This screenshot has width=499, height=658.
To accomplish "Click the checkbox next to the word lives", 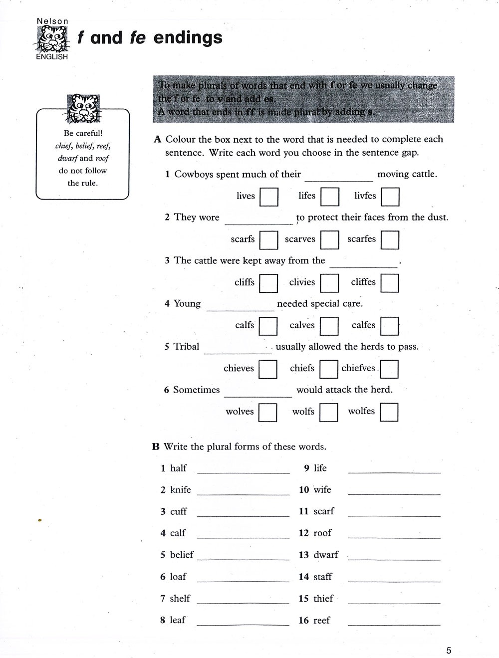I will click(269, 197).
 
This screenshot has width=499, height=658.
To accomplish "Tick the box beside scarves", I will click(330, 239).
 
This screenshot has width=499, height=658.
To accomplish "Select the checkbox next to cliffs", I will click(268, 283).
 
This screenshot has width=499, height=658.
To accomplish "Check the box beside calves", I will click(329, 326).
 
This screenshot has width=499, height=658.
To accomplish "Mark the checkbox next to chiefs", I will click(329, 369).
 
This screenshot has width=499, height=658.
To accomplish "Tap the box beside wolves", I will click(268, 412).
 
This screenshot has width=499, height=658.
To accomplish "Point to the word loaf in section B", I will click(178, 577).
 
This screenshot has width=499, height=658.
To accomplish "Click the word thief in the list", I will click(323, 598).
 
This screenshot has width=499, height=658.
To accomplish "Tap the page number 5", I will click(449, 650).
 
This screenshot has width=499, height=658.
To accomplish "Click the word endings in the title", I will click(188, 38).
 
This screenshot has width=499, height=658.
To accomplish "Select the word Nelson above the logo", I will click(52, 21).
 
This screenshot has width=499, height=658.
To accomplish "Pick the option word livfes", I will click(365, 196).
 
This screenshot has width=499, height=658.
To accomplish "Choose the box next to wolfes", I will click(389, 412).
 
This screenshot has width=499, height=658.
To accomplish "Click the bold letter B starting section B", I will click(156, 446).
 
